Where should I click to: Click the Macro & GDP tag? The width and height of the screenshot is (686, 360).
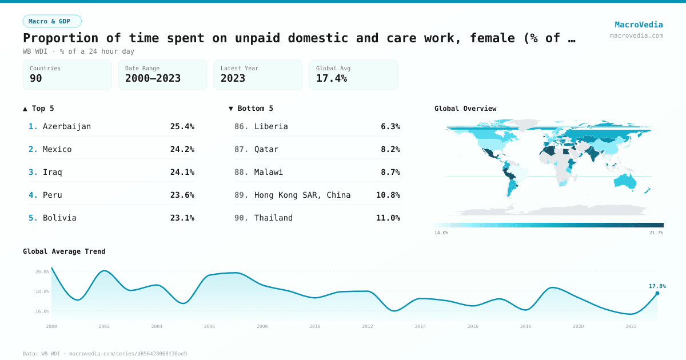(52, 21)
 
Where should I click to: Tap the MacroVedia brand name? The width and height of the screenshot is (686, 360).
(639, 25)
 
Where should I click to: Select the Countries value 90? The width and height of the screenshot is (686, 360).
(36, 78)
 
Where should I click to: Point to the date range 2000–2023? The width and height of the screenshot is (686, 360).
(153, 78)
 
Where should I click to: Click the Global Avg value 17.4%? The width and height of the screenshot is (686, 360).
(332, 78)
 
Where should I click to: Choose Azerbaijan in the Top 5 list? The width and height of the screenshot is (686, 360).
(67, 126)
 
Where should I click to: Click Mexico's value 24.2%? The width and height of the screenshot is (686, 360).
(182, 149)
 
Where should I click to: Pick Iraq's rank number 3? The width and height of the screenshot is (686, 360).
(33, 172)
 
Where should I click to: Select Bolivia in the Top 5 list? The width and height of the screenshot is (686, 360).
(59, 218)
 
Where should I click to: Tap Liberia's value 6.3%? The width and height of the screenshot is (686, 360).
(390, 126)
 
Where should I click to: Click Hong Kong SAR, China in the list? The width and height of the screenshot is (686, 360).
(302, 195)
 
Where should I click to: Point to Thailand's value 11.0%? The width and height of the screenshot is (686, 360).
(388, 218)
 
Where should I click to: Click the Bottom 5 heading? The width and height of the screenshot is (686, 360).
(251, 108)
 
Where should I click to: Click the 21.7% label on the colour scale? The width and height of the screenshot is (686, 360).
(656, 233)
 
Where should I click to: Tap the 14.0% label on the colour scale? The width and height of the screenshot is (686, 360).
(441, 233)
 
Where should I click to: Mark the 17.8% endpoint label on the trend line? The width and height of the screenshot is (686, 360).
(657, 286)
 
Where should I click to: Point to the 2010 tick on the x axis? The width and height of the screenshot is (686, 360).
(315, 326)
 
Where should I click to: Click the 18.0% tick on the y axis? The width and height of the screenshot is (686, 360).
(42, 291)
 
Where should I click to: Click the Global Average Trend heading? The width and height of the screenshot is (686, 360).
(64, 251)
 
